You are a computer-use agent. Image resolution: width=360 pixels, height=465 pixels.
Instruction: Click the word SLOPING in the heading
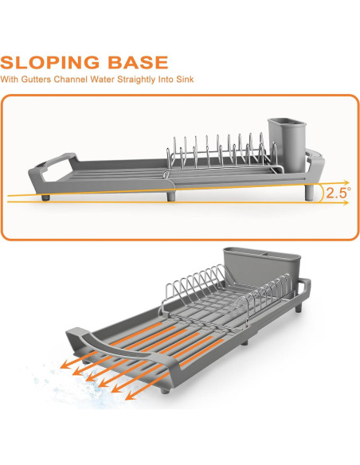[x=50, y=62]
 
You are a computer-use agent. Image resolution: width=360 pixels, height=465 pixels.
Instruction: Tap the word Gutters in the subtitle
[x=36, y=80]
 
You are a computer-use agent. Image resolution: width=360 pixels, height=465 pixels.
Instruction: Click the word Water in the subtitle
[x=102, y=80]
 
